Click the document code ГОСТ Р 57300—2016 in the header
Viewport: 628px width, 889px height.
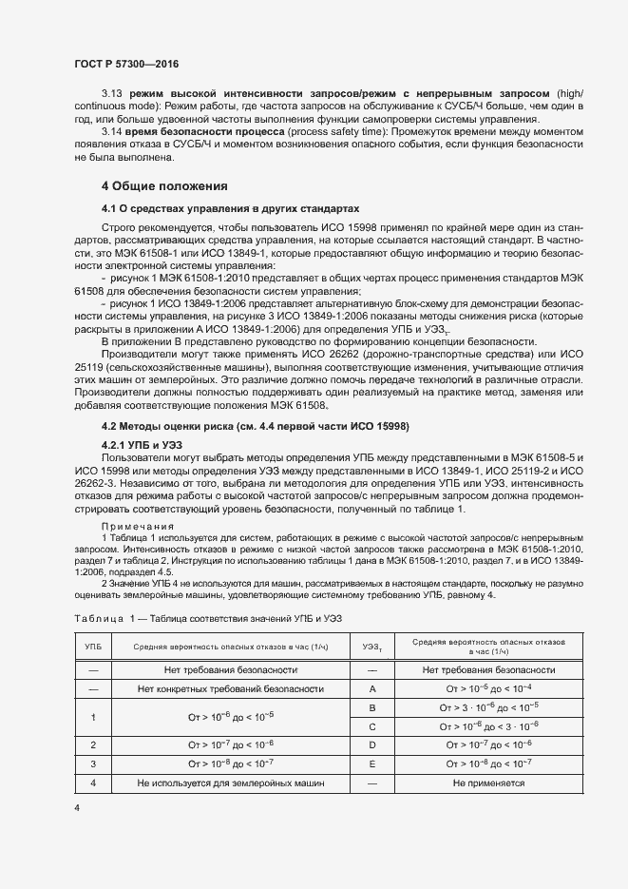126,64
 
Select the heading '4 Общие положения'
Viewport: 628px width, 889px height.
164,185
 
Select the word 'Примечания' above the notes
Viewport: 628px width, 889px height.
138,526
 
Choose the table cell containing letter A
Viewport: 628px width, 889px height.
372,687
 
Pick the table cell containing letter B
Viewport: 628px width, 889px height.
372,707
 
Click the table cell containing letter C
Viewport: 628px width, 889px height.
372,725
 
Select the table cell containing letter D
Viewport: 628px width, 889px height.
372,744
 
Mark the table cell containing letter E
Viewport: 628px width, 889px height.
372,763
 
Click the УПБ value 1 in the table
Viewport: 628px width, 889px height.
93,717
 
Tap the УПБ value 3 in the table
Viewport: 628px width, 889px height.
93,763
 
